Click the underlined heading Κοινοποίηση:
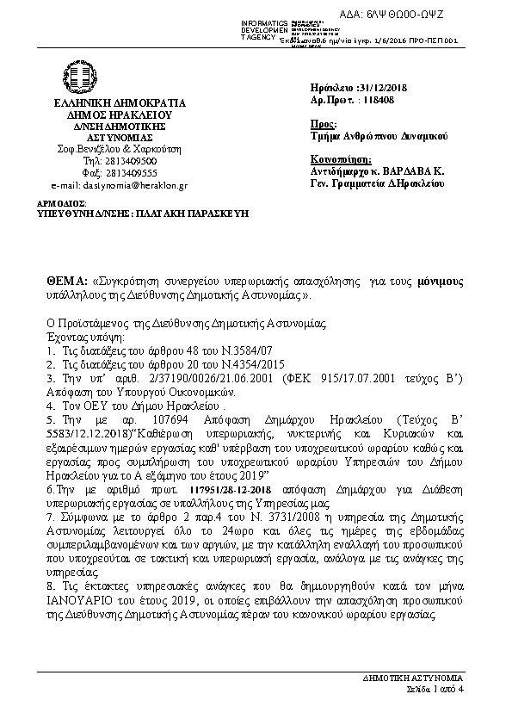tap(340, 159)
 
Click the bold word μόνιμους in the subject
tap(441, 282)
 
